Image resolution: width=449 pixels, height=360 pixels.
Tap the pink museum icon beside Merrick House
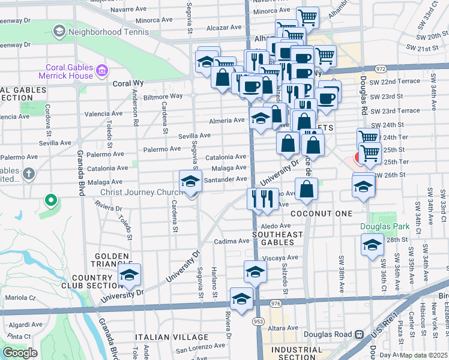coord(101,71)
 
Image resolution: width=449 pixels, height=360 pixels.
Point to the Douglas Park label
coord(384,226)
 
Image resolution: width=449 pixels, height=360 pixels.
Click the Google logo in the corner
coord(19,352)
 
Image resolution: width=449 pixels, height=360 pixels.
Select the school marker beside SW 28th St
coord(372,245)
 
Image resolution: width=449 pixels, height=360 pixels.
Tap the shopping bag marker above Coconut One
coord(307,188)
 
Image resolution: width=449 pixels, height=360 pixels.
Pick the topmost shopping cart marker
coord(308,16)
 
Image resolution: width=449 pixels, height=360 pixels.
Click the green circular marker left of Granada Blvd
coord(52,200)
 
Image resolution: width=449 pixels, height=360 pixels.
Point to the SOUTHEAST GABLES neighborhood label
coord(273,238)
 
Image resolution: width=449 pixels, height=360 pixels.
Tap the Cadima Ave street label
coord(232,241)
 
